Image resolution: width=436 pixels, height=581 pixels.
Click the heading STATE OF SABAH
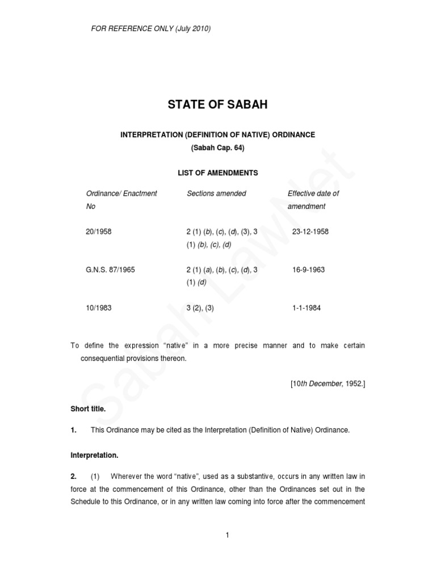point(217,105)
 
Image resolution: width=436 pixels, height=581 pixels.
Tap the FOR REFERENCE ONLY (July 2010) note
point(151,29)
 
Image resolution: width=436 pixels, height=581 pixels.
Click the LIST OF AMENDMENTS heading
point(217,172)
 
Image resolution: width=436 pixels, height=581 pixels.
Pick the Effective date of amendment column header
point(313,200)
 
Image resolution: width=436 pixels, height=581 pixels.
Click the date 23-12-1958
point(310,231)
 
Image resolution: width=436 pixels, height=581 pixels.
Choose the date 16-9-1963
point(308,270)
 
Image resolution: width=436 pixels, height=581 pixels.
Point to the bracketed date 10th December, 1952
point(328,384)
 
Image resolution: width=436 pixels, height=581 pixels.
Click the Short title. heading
point(87,409)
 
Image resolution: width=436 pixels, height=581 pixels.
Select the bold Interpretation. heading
point(94,455)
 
